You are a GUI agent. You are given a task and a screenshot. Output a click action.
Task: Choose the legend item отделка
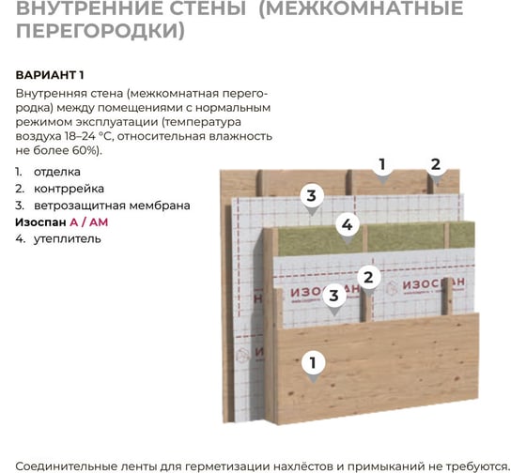coord(57,172)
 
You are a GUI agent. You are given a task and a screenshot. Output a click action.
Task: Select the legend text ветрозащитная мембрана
coord(112,206)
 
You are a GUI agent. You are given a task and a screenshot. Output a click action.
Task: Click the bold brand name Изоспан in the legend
coord(40,222)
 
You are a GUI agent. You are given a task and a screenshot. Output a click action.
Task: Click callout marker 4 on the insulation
coord(347,225)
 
